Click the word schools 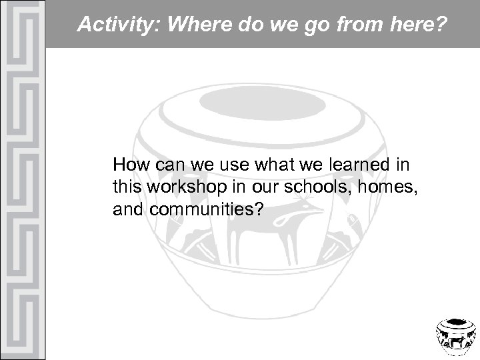tap(321, 187)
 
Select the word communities tap(203, 211)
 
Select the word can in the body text tap(167, 165)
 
